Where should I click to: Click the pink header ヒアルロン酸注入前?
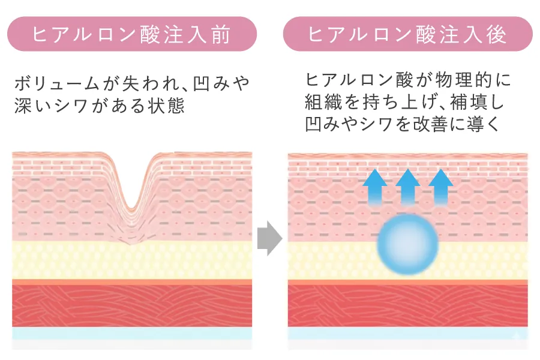tap(132, 34)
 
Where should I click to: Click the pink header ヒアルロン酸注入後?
tap(408, 34)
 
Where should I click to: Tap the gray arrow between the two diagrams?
tap(269, 238)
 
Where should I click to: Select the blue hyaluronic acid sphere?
tap(407, 244)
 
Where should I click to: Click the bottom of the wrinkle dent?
tap(131, 208)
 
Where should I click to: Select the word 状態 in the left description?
tap(167, 105)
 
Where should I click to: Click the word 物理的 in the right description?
tap(463, 80)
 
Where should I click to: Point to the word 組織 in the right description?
tap(322, 102)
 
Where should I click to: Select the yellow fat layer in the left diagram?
tap(132, 260)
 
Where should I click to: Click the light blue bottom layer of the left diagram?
tap(132, 334)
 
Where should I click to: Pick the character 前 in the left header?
tap(220, 34)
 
